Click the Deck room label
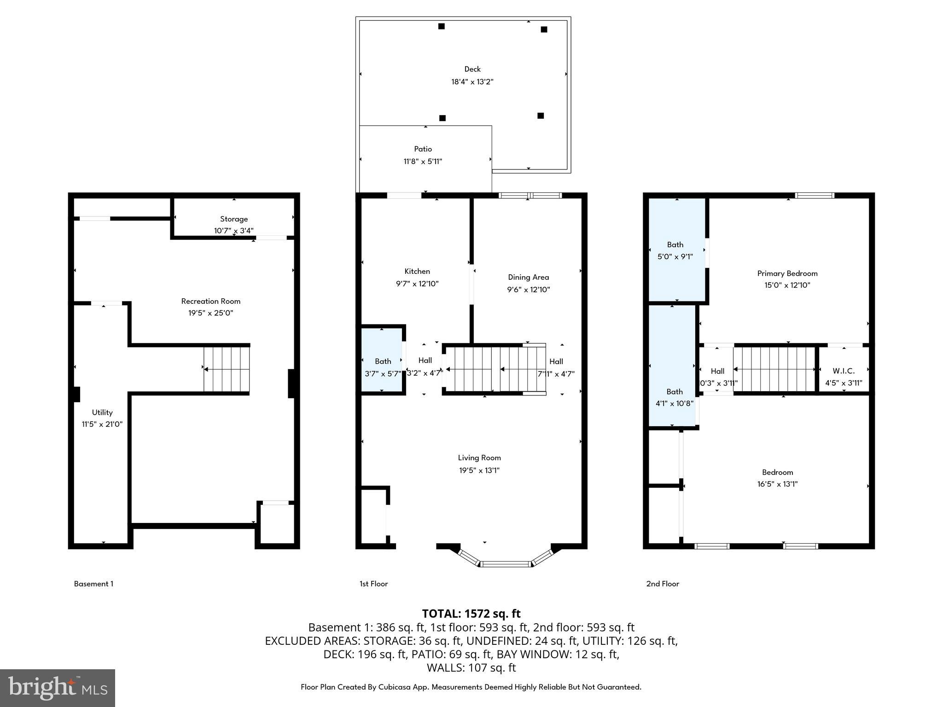click(x=472, y=69)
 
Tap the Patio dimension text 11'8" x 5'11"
click(x=423, y=162)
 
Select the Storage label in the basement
click(x=234, y=219)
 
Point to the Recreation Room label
click(x=210, y=301)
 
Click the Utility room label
click(x=102, y=412)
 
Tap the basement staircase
click(x=227, y=369)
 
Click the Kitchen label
click(x=417, y=271)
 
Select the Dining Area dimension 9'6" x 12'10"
click(x=528, y=290)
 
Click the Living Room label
click(x=479, y=458)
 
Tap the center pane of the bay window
click(x=506, y=563)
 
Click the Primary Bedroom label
click(x=787, y=273)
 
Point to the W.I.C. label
click(x=844, y=371)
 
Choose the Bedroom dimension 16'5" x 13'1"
click(x=777, y=484)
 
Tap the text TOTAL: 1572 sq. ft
click(x=471, y=614)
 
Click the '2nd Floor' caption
click(x=663, y=584)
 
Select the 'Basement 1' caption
click(x=93, y=584)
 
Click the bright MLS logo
click(x=58, y=688)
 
